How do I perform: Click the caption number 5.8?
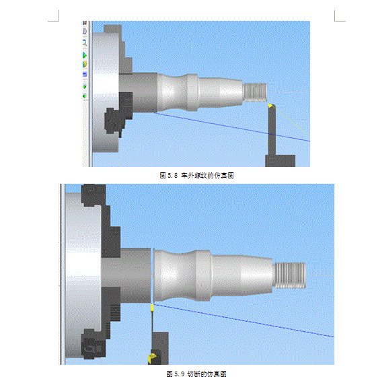[172, 175]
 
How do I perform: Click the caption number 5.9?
[179, 374]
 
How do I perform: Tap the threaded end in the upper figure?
[255, 92]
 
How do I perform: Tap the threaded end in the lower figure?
[290, 275]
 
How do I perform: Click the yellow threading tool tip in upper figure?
[270, 105]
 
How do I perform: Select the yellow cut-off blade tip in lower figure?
[152, 308]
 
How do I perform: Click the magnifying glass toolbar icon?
[85, 43]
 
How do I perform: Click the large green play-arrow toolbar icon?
[85, 55]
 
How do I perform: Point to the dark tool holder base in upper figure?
[280, 161]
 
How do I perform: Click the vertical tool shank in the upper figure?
[272, 130]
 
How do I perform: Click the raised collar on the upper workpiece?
[192, 92]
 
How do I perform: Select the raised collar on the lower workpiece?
[203, 276]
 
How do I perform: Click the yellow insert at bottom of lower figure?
[152, 358]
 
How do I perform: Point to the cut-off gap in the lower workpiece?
[153, 276]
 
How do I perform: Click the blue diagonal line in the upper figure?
[232, 127]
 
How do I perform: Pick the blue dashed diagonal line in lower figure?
[244, 320]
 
